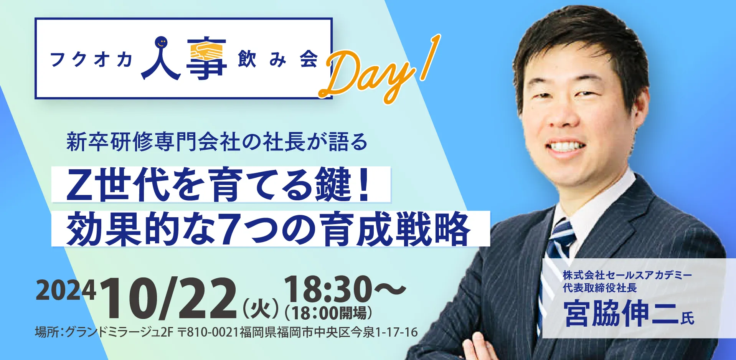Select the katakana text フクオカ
tap(91, 59)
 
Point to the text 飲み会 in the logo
tap(278, 59)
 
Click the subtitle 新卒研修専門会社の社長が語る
tap(217, 142)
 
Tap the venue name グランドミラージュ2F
tap(119, 332)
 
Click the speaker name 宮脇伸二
tap(621, 313)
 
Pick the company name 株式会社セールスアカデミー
tap(627, 275)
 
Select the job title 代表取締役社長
tap(600, 288)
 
